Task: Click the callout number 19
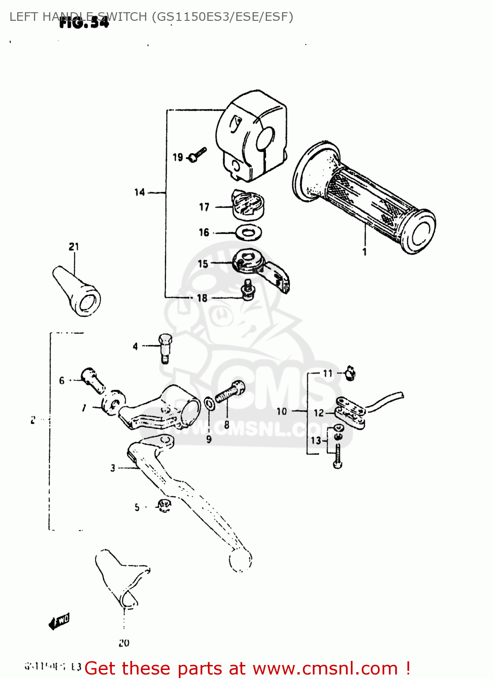[177, 157]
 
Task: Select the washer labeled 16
[249, 233]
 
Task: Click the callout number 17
[204, 207]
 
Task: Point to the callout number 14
[139, 192]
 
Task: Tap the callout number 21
[74, 247]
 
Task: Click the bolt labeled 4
[165, 347]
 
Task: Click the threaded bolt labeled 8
[230, 392]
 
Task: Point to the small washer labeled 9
[209, 403]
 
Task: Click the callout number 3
[113, 468]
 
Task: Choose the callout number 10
[282, 411]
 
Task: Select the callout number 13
[316, 440]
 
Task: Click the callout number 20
[124, 643]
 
